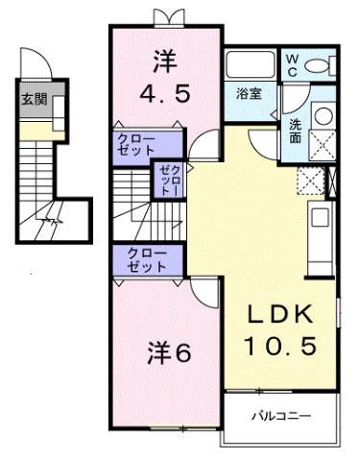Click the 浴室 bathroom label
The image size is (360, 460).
tap(253, 93)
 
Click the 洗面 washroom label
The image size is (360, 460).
tap(297, 129)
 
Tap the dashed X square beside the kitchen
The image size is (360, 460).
tap(310, 180)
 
